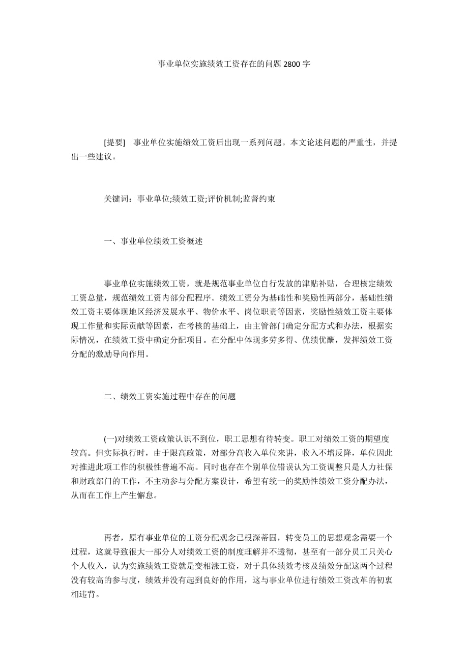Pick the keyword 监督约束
pos(259,199)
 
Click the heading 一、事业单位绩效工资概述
pos(153,241)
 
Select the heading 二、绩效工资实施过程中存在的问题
pos(170,396)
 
